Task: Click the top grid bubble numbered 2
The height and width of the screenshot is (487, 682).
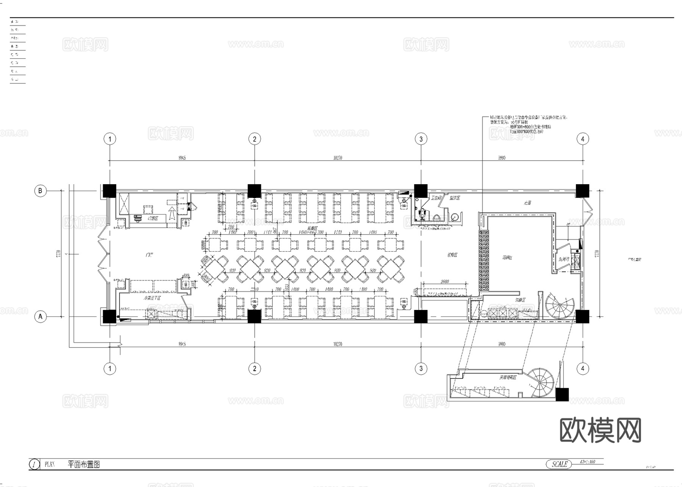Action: click(255, 139)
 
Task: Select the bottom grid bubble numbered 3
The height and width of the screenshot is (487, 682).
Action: click(421, 368)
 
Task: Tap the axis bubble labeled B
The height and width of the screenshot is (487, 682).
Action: click(41, 191)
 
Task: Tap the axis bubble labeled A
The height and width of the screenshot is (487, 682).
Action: click(41, 316)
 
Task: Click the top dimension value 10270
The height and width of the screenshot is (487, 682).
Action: click(338, 158)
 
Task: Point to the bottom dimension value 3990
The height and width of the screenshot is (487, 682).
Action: click(502, 344)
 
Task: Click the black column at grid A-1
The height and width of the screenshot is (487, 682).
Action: click(109, 316)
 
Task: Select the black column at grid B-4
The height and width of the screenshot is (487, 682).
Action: click(582, 191)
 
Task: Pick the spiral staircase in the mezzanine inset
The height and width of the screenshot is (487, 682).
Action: click(541, 382)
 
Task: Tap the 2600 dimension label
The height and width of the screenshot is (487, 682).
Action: click(445, 282)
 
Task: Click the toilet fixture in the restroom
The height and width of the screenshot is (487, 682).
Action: click(423, 214)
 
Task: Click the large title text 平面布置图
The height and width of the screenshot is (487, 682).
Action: click(84, 464)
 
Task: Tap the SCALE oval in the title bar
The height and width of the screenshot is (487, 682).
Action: click(559, 464)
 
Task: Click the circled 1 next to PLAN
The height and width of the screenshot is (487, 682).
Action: click(34, 464)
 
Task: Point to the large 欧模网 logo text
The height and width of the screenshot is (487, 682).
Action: click(600, 430)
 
